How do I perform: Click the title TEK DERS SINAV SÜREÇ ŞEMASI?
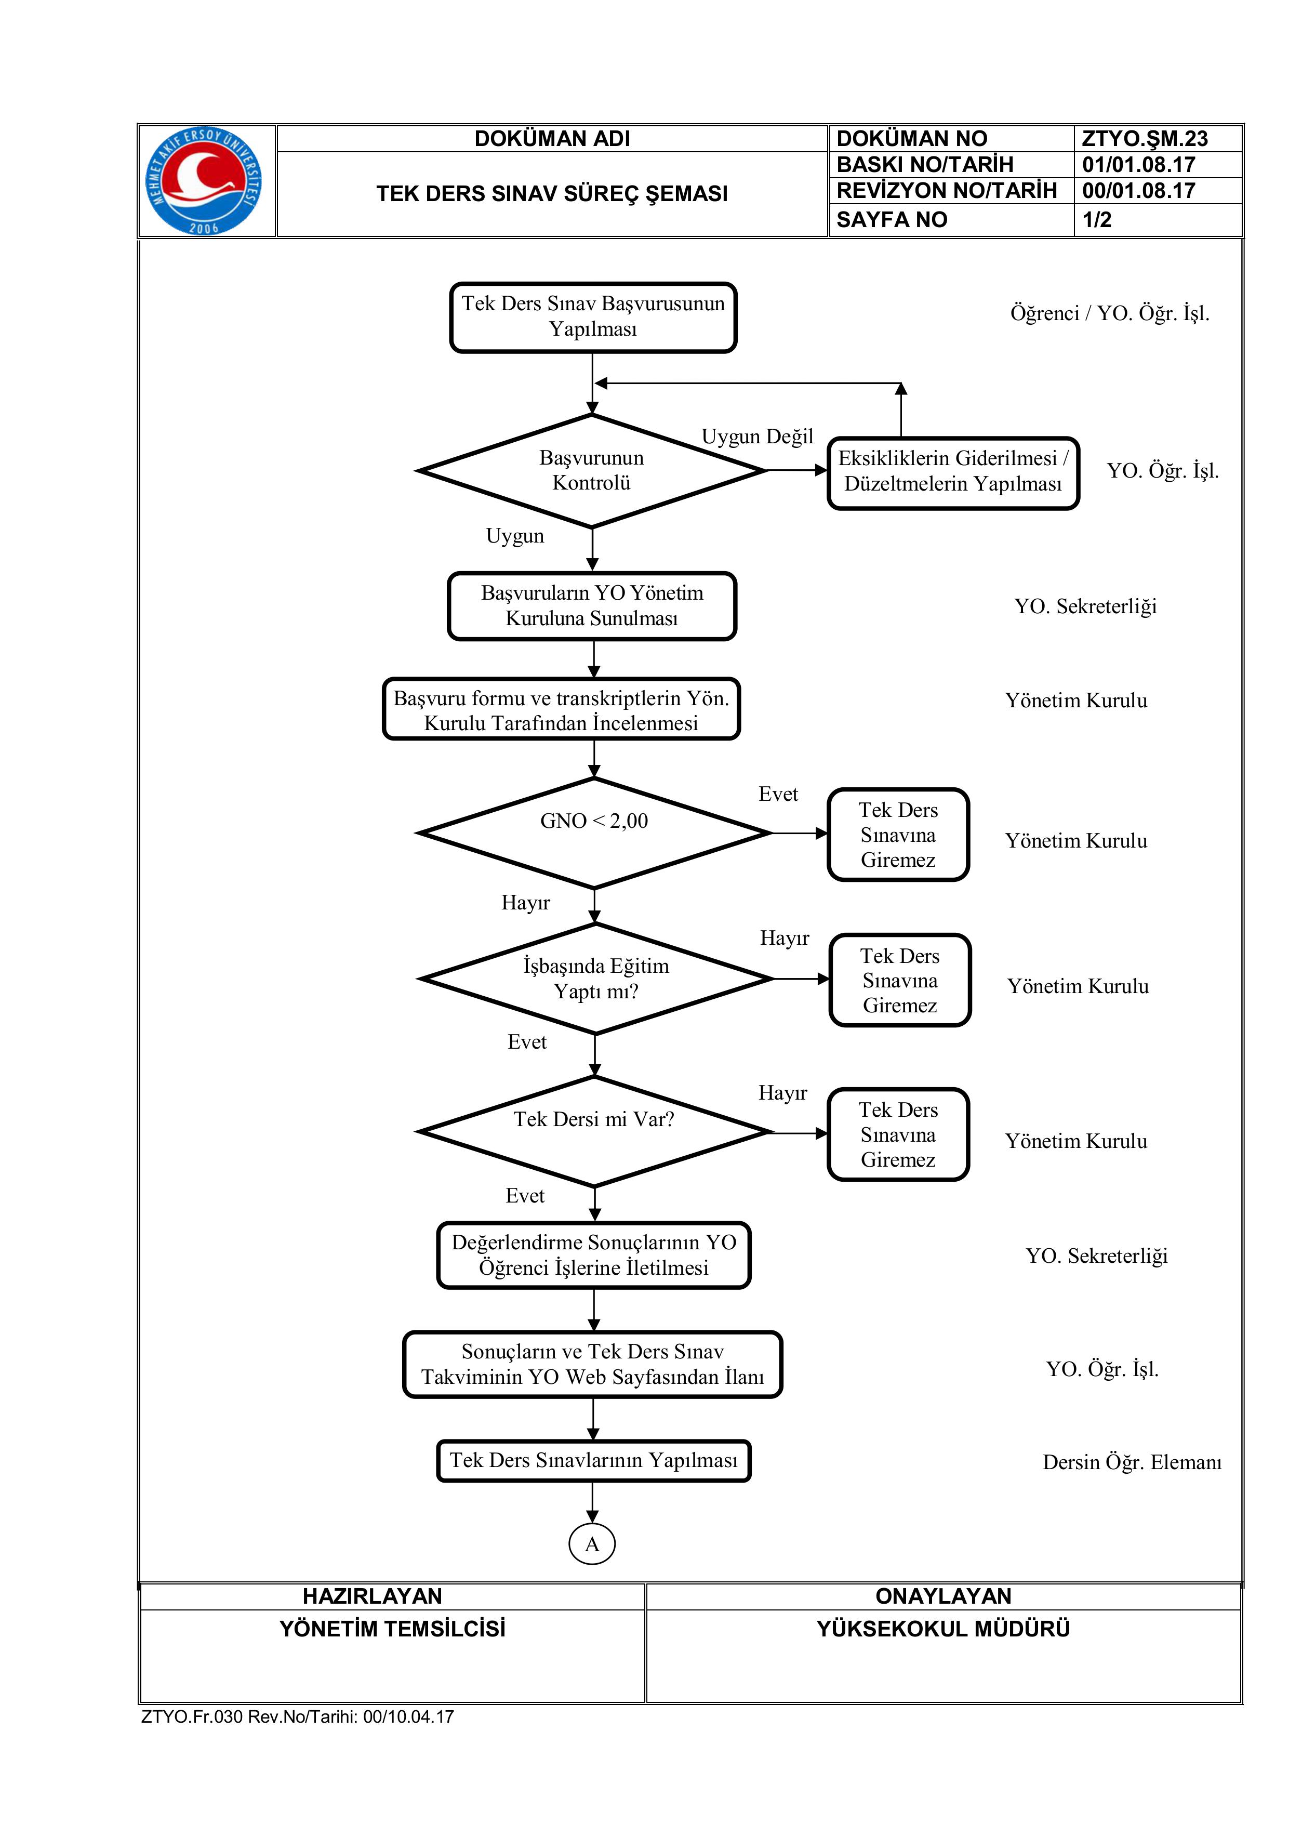tap(552, 194)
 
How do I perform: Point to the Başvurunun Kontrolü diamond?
tap(591, 470)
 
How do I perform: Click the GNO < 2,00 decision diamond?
tap(594, 833)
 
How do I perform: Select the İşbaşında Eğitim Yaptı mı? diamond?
tap(595, 979)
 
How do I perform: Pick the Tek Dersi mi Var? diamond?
tap(594, 1131)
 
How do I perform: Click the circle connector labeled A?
tap(592, 1544)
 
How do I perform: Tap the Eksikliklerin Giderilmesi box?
tap(953, 473)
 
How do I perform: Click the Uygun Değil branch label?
tap(757, 437)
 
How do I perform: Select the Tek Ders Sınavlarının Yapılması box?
tap(594, 1461)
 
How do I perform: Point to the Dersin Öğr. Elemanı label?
tap(1132, 1462)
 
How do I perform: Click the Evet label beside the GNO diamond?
tap(778, 794)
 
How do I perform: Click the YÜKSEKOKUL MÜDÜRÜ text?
tap(944, 1629)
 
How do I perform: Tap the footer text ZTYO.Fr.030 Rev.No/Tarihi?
tap(298, 1716)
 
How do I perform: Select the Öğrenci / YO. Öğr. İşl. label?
tap(1110, 314)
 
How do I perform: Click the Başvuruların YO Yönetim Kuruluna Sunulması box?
tap(592, 606)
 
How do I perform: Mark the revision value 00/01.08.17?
tap(1138, 191)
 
